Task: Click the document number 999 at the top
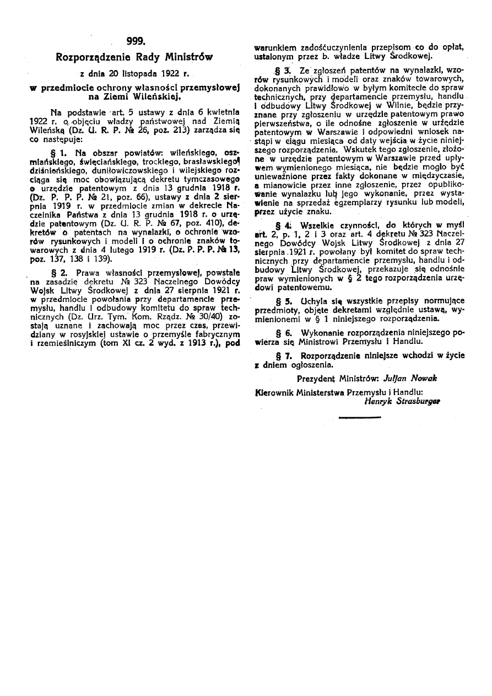(136, 40)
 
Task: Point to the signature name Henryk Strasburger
(402, 401)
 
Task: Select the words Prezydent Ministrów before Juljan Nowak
(328, 379)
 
